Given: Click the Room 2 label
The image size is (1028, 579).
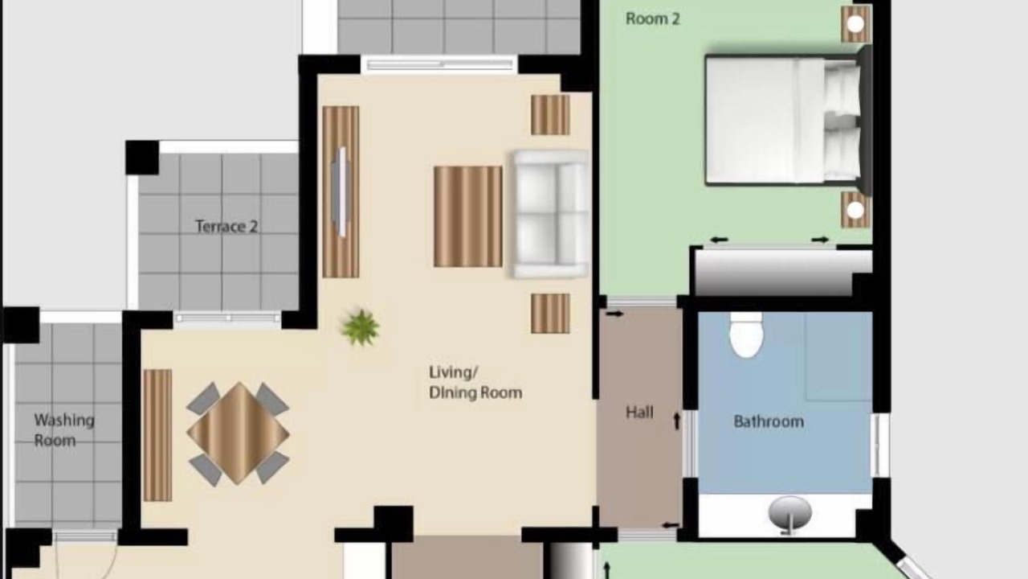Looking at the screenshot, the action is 652,18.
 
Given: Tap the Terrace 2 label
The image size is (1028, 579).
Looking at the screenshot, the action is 226,227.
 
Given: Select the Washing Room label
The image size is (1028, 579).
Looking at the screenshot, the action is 63,430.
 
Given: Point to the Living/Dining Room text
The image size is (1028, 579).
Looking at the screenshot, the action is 475,383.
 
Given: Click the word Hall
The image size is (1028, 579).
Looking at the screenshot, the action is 639,413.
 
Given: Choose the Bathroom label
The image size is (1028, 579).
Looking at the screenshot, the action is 769,421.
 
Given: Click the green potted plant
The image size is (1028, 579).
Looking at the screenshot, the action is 361,327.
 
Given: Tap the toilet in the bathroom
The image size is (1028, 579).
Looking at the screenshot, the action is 746,335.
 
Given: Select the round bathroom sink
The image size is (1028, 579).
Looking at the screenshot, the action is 789,514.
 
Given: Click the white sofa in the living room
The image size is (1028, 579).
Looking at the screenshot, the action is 549,214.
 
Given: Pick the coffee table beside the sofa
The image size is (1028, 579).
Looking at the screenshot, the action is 468,216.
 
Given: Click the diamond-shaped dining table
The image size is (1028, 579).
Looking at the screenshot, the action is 238,433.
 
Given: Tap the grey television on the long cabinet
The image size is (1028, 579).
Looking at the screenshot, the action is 341,191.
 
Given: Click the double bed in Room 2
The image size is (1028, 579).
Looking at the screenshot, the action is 789,120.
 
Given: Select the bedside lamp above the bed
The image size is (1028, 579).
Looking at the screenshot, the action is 855,24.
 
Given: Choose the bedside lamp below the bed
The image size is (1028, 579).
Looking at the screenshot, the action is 855,210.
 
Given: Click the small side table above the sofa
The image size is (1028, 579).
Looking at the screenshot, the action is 550,115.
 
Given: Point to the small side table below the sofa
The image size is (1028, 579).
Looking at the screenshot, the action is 550,314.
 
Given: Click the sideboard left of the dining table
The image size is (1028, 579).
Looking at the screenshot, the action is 157,435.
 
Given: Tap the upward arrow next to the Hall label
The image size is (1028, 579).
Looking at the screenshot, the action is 676,421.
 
